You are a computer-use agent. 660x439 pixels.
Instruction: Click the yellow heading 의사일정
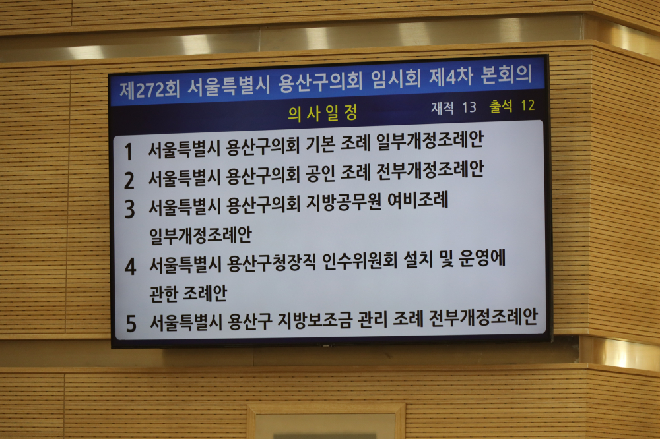[323, 113]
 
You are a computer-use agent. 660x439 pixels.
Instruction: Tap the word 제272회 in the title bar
[150, 89]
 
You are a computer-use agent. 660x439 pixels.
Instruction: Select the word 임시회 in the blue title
[396, 78]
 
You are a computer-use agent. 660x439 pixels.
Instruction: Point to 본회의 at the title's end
[506, 74]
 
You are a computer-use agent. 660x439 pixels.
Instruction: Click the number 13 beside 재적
[469, 107]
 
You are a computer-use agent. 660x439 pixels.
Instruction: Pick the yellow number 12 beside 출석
[528, 105]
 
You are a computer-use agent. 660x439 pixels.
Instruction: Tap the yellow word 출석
[500, 106]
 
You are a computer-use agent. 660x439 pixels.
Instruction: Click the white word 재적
[442, 108]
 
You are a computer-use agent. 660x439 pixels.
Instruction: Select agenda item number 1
[129, 152]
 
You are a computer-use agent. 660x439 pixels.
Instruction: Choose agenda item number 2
[129, 181]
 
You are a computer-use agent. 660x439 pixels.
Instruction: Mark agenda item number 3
[129, 209]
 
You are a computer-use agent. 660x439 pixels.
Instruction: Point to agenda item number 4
[131, 266]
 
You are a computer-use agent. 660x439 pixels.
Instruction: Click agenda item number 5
[131, 324]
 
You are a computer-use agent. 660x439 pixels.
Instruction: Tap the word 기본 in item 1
[320, 144]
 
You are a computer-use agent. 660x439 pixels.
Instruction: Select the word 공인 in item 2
[321, 173]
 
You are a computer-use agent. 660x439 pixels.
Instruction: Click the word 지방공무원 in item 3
[343, 202]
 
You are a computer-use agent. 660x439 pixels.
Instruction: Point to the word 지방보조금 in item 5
[314, 320]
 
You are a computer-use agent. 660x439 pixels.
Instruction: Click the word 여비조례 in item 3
[418, 200]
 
